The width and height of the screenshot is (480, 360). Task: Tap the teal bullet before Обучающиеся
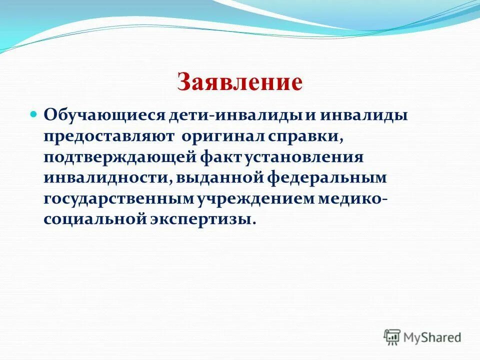[34, 114]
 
